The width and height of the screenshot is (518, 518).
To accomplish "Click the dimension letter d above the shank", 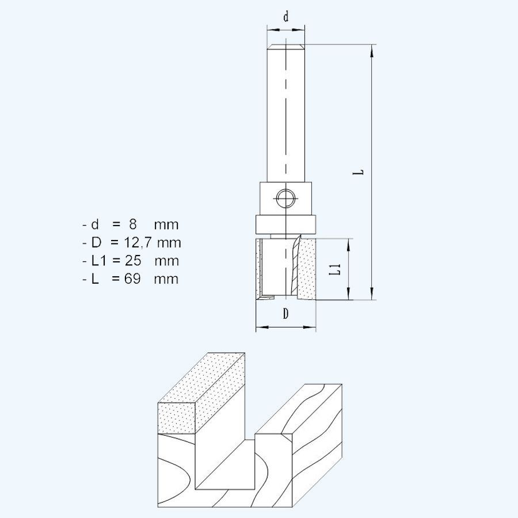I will pos(286,17).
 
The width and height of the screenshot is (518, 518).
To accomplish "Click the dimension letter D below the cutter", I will pos(285,314).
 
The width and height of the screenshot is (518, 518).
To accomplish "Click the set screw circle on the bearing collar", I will pos(285,199).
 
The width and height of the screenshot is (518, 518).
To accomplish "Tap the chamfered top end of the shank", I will pos(286,48).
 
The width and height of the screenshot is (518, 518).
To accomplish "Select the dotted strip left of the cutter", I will pos(258,269).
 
